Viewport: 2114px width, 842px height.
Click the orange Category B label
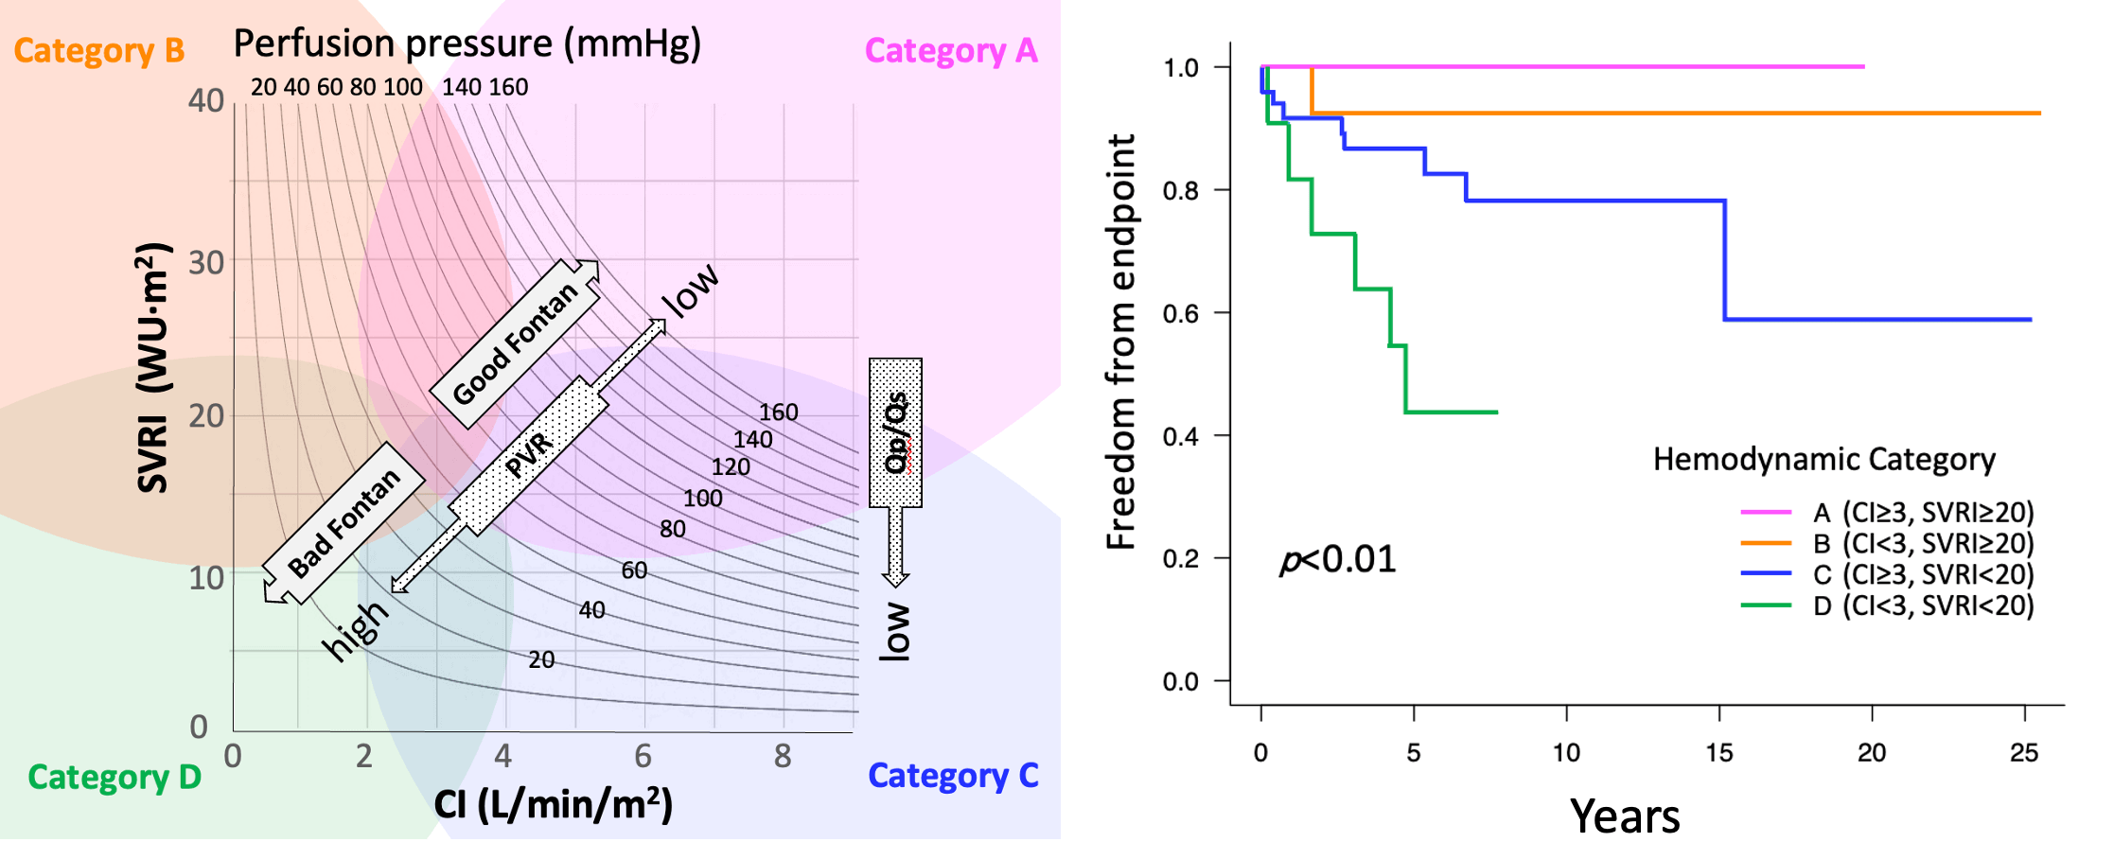point(98,50)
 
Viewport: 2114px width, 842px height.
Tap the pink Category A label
point(950,50)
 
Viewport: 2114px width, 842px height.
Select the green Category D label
point(115,777)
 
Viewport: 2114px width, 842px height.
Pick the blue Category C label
point(953,776)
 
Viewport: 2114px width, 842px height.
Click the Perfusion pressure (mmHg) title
point(467,44)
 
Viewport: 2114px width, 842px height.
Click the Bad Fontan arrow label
point(344,523)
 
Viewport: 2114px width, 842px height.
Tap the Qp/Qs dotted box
point(895,432)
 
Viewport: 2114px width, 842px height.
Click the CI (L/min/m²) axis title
point(553,804)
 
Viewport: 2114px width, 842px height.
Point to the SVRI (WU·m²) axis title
point(153,369)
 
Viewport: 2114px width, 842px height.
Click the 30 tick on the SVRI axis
point(206,262)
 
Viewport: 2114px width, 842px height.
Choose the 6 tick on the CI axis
point(643,756)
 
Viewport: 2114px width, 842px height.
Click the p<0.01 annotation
point(1337,559)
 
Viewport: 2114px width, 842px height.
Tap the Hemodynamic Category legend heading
point(1823,459)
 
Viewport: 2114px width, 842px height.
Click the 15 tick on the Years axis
point(1718,753)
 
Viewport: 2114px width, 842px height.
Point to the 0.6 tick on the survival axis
point(1181,313)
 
